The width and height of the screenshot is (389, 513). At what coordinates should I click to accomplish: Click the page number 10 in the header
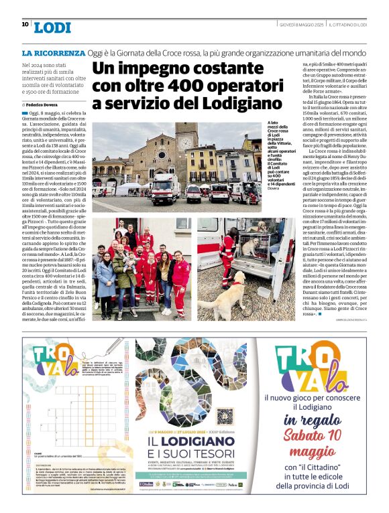pos(25,25)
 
